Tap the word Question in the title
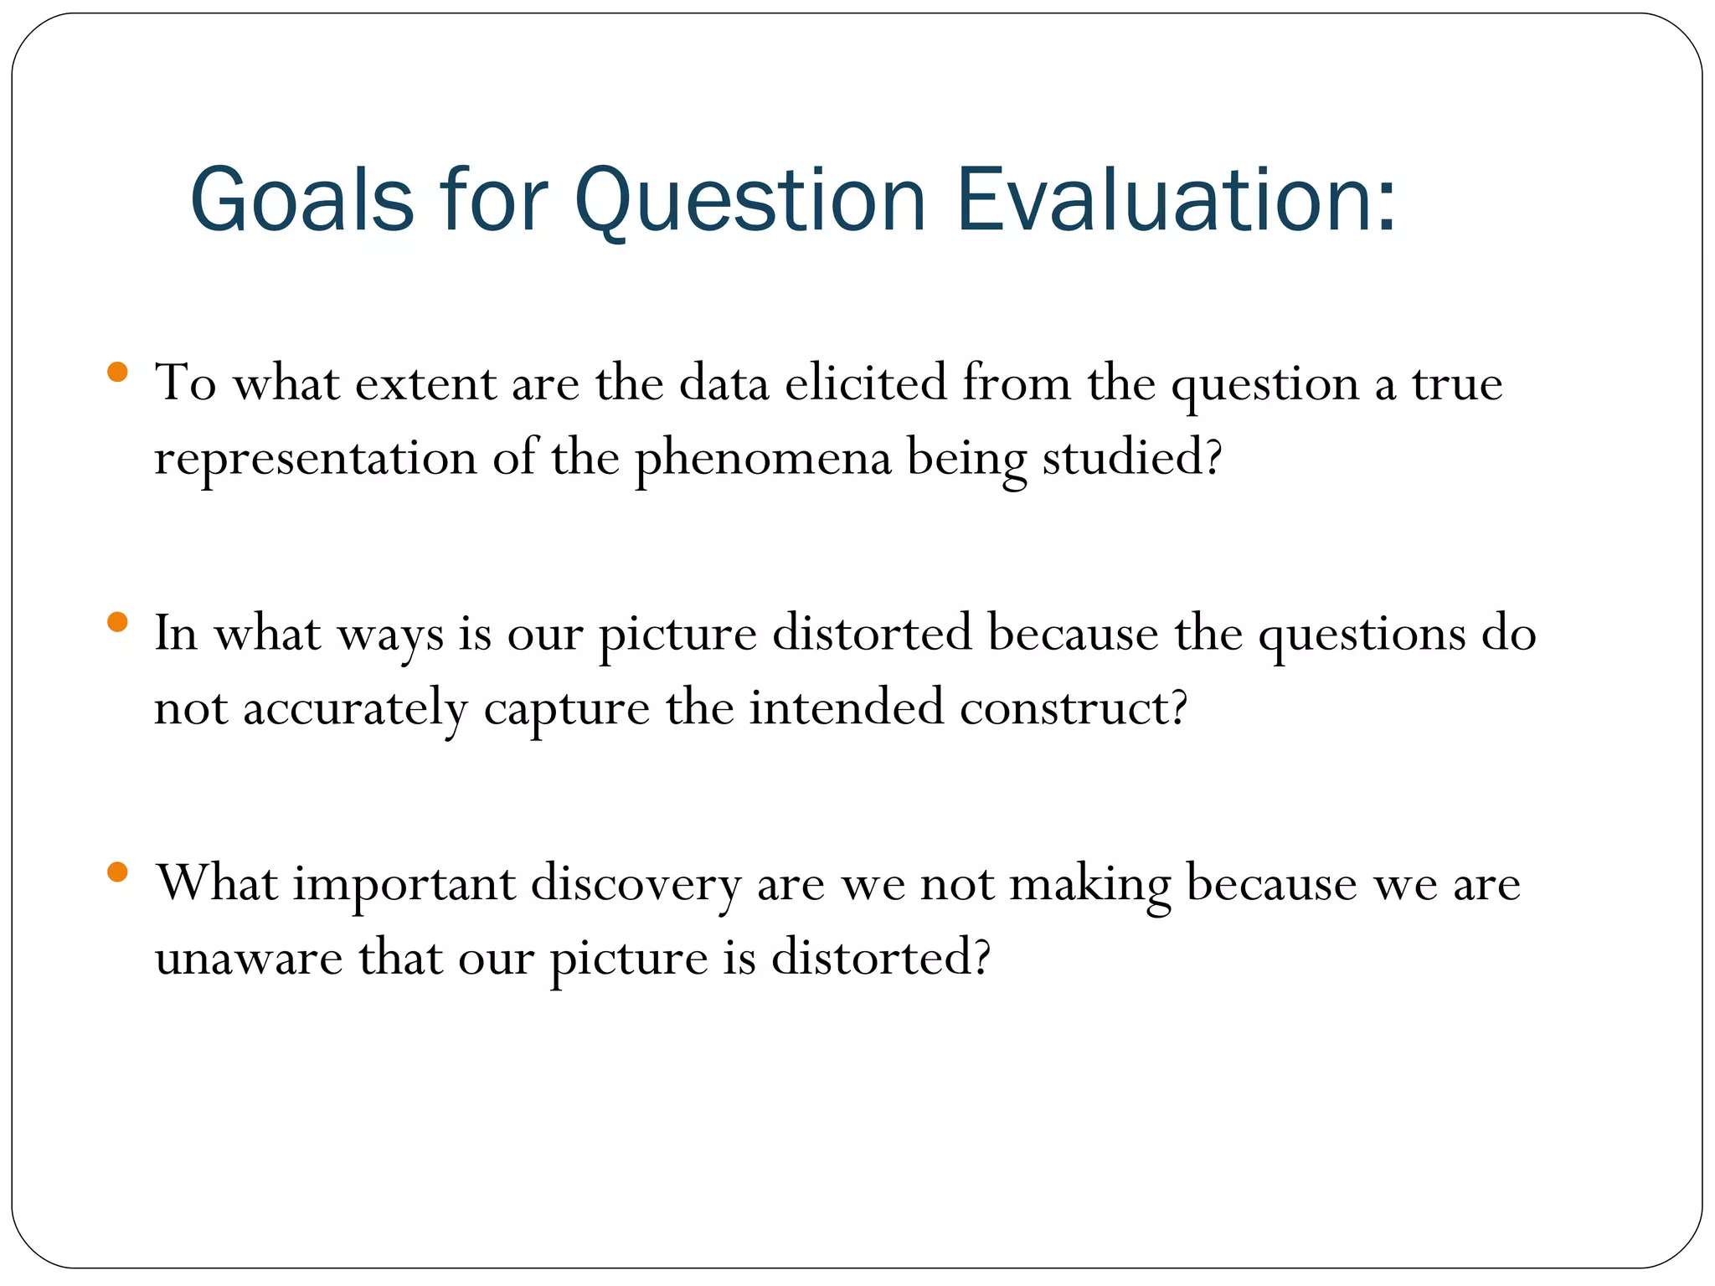click(x=749, y=201)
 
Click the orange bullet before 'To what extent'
click(x=117, y=372)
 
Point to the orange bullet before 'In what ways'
click(x=117, y=622)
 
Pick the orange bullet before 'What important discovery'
click(x=117, y=872)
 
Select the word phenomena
click(x=763, y=460)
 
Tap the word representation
click(x=316, y=460)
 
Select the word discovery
click(x=636, y=885)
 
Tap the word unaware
click(x=249, y=959)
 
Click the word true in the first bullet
click(x=1458, y=384)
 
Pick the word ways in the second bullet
click(x=390, y=635)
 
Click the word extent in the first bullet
click(x=426, y=384)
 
